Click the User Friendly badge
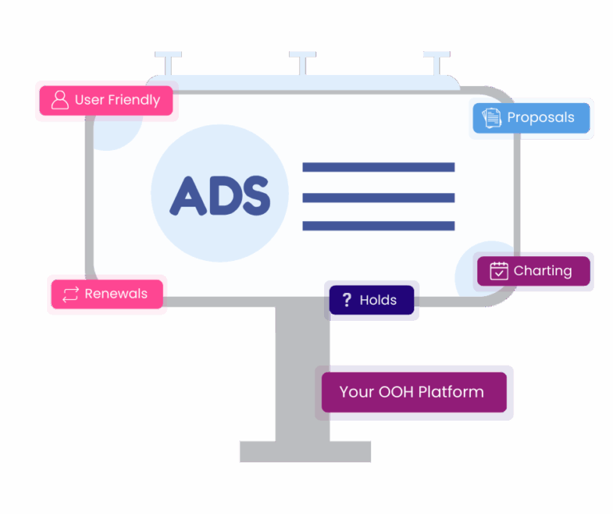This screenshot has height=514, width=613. [106, 101]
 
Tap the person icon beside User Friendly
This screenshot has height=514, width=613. [60, 100]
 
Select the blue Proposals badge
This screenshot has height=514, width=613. [532, 118]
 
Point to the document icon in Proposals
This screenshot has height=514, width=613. [492, 117]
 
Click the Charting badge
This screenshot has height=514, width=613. [534, 271]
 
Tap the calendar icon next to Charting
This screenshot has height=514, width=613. [499, 271]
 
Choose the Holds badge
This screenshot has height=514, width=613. [371, 300]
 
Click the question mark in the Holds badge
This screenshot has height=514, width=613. [346, 300]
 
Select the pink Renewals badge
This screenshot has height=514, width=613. [107, 294]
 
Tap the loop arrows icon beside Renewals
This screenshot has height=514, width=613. [70, 295]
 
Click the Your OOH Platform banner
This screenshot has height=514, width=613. [414, 392]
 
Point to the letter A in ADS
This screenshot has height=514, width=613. [188, 196]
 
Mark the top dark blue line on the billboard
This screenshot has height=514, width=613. [378, 168]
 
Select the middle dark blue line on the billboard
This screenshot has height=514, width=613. [378, 198]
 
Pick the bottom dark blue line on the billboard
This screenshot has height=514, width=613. [378, 226]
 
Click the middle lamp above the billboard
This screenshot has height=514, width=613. [303, 62]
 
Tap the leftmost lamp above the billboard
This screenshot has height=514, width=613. [168, 62]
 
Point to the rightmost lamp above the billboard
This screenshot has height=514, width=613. [437, 62]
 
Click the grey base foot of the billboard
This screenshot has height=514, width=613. [306, 452]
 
